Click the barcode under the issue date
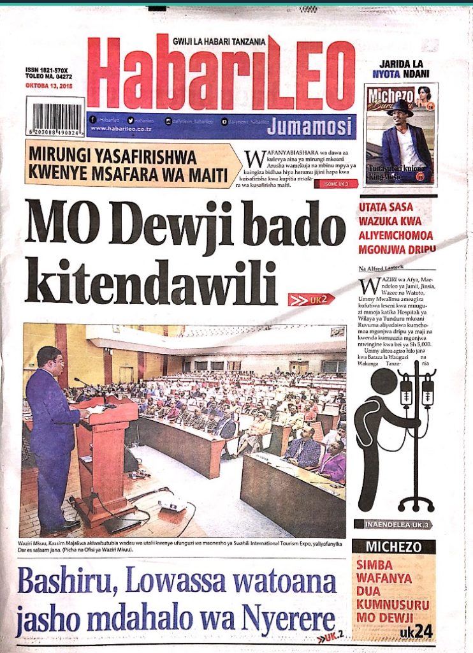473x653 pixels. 55,117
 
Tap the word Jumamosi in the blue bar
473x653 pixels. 309,126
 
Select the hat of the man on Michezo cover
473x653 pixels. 400,107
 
